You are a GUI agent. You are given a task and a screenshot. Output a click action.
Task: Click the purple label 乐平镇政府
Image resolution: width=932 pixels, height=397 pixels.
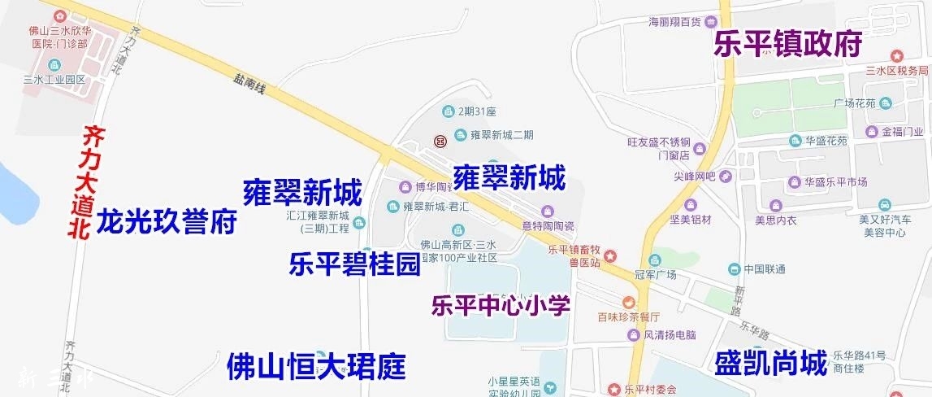click(787, 44)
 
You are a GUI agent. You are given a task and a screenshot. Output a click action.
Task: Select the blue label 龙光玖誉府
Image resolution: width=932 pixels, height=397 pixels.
click(167, 221)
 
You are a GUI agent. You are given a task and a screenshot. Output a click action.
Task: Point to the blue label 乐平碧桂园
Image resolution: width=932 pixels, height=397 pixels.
click(354, 264)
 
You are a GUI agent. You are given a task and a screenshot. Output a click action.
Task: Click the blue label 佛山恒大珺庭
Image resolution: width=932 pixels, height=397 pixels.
click(316, 367)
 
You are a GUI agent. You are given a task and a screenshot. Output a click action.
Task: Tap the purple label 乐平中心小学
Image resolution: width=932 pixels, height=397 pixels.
click(501, 306)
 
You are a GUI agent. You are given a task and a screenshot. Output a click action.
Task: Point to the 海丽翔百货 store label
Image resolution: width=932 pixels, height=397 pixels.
click(674, 21)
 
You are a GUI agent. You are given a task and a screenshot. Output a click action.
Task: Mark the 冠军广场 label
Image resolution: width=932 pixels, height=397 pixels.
click(654, 275)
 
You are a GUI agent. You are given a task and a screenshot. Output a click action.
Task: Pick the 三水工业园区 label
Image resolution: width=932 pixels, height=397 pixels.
click(54, 80)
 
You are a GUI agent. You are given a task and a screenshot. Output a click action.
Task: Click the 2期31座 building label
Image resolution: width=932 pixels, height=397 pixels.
click(477, 111)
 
